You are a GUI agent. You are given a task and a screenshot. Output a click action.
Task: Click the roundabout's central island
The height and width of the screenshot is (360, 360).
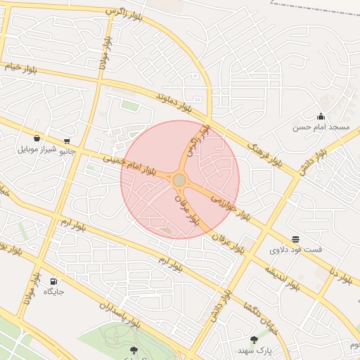[179, 181]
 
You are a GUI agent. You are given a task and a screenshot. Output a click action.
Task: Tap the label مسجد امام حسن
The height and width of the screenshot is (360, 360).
[321, 127]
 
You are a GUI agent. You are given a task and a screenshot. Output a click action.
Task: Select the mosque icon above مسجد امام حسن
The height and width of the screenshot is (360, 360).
[321, 117]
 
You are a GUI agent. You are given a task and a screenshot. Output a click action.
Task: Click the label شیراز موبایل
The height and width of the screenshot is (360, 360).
[37, 149]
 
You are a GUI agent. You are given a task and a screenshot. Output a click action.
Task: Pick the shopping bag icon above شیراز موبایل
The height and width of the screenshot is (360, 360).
[37, 139]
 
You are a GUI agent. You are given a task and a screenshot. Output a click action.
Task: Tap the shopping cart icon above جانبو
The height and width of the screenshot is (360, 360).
[67, 141]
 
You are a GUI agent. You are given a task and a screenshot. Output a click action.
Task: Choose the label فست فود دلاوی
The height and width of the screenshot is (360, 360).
[296, 250]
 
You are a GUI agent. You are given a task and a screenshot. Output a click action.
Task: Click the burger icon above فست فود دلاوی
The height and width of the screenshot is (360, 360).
[296, 239]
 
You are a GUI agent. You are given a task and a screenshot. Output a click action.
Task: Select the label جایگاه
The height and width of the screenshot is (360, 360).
[54, 291]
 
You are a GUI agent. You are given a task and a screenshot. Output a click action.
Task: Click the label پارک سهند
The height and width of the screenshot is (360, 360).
[254, 349]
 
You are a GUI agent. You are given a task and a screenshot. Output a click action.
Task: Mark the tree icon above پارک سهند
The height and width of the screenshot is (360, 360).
[254, 340]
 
